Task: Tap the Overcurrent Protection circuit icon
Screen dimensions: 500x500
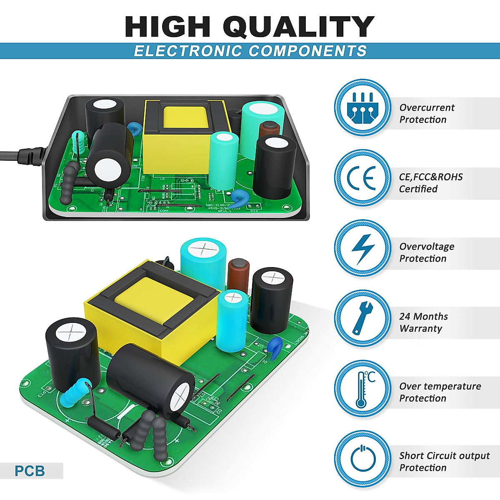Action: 362,107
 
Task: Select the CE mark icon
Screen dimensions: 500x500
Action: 362,177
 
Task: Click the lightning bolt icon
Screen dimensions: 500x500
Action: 362,248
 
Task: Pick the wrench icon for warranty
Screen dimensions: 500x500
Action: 362,318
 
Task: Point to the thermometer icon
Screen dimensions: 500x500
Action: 362,389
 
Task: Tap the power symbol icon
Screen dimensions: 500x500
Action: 362,459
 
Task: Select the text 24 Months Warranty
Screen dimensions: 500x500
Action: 423,322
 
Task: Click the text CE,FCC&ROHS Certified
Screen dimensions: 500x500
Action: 430,183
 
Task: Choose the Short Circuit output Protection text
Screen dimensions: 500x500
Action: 444,462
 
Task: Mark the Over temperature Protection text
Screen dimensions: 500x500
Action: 440,392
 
